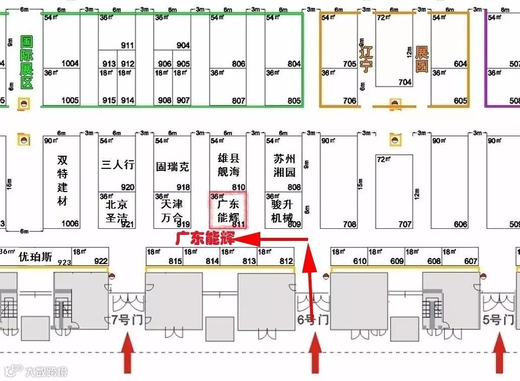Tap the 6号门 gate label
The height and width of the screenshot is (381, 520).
point(313,320)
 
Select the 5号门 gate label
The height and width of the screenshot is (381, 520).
point(498,320)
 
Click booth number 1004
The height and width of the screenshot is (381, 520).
point(70,63)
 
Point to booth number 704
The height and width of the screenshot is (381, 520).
point(404,82)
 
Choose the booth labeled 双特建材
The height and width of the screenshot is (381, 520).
point(62,180)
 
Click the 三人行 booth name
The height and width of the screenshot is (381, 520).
point(118,164)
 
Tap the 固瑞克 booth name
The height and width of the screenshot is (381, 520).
point(173,166)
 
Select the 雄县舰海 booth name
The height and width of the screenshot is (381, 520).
point(228,165)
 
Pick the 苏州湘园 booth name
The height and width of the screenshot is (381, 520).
point(284,165)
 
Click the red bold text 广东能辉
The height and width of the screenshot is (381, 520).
point(205,239)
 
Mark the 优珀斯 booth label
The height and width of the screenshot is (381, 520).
point(35,257)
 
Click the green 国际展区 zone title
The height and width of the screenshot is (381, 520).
point(26,62)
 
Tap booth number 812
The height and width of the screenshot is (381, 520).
point(286,261)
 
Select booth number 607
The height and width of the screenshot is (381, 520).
point(471,261)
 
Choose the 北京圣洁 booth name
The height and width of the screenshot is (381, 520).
point(117,211)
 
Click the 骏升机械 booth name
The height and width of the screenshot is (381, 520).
point(282,211)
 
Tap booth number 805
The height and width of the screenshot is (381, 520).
point(294,101)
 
